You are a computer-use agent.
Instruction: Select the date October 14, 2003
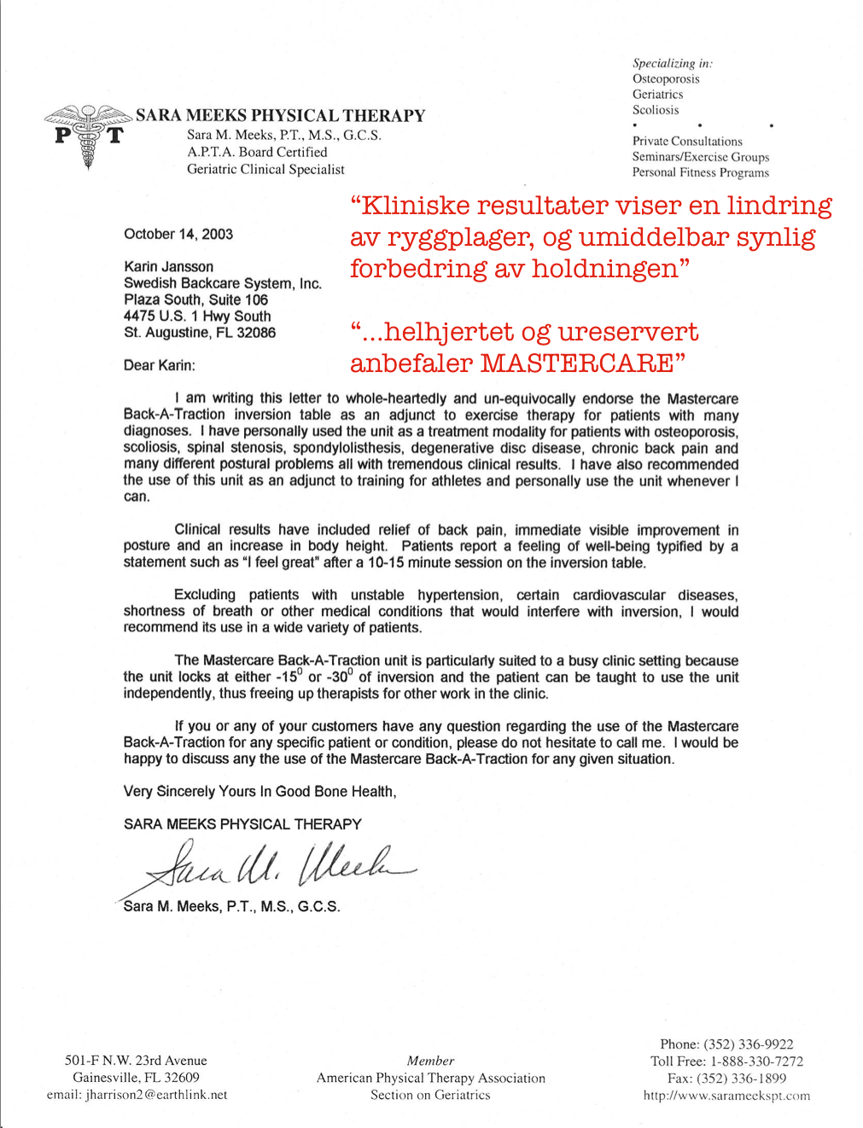[x=178, y=234]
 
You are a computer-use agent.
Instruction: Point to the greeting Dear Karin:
[x=160, y=365]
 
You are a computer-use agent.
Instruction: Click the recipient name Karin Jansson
[x=168, y=267]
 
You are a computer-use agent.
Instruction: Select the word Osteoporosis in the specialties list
[x=666, y=78]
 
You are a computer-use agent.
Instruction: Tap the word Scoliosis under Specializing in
[x=656, y=110]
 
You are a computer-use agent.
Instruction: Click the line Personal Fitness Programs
[x=700, y=172]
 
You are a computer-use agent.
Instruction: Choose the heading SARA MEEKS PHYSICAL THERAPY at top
[x=280, y=116]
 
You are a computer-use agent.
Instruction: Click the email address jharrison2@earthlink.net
[x=156, y=1095]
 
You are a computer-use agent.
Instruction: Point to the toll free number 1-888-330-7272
[x=756, y=1061]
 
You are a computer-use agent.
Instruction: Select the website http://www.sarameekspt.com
[x=726, y=1096]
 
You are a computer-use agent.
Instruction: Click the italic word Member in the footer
[x=430, y=1061]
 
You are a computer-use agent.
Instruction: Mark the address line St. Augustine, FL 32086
[x=200, y=333]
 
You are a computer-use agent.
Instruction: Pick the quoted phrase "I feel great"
[x=281, y=562]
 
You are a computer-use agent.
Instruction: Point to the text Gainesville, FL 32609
[x=136, y=1078]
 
